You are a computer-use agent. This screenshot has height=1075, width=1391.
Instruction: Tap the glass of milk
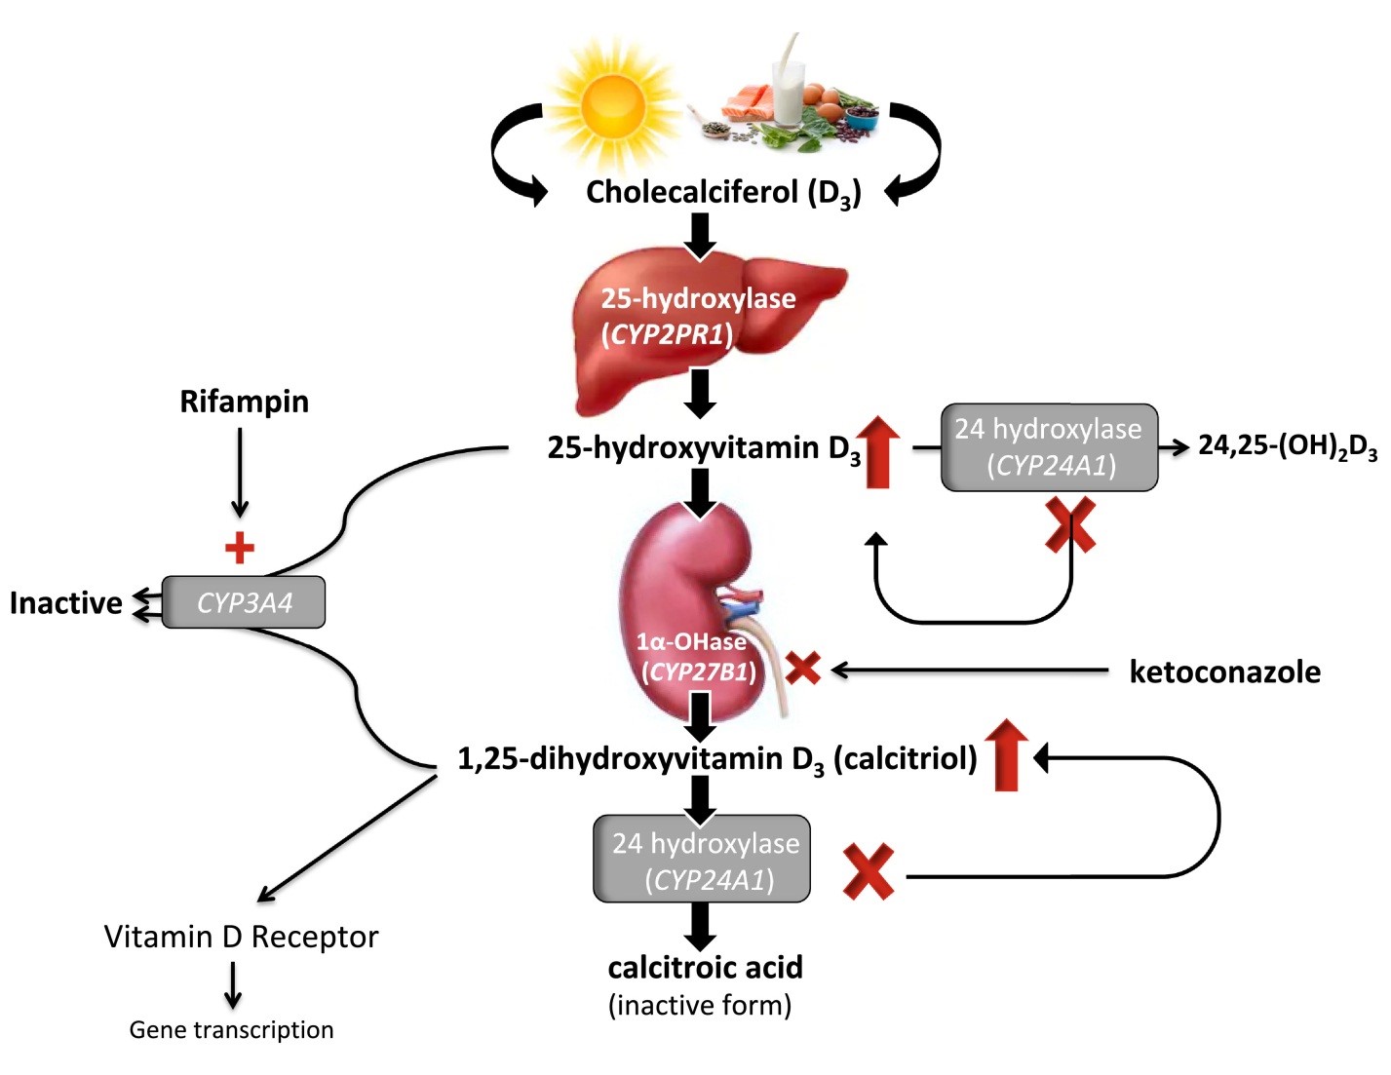tap(790, 91)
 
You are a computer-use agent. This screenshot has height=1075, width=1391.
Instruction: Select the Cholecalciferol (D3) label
tap(723, 193)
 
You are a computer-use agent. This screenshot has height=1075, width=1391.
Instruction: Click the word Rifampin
tap(244, 402)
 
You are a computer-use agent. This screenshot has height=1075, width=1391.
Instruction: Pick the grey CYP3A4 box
tap(244, 602)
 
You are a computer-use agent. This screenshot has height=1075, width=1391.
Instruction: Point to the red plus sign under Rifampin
tap(240, 549)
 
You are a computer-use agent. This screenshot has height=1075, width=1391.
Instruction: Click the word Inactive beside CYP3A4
tap(65, 603)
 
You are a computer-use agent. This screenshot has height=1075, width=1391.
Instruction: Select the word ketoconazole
tap(1224, 672)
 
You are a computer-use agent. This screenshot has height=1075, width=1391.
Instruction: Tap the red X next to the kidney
tap(803, 668)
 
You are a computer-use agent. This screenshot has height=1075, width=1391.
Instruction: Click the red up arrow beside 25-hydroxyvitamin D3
tap(878, 451)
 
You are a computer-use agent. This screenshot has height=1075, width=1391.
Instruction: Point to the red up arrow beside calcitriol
tap(1007, 755)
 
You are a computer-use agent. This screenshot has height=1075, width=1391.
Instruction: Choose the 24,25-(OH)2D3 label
tap(1288, 447)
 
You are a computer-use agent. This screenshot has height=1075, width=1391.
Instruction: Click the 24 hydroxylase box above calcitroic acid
tap(702, 859)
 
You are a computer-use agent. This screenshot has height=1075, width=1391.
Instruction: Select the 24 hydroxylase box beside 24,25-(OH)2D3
tap(1049, 447)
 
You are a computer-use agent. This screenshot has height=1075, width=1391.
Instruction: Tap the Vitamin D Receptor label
tap(242, 937)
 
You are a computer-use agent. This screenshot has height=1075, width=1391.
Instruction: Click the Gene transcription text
tap(231, 1030)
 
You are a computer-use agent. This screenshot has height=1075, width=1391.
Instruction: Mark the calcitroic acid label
tap(705, 968)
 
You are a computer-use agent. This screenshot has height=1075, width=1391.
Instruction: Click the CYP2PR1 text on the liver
tap(668, 334)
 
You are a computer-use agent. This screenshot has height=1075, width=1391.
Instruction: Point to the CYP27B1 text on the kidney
tap(698, 672)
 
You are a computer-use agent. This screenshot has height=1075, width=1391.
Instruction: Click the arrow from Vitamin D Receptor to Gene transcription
tap(233, 985)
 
